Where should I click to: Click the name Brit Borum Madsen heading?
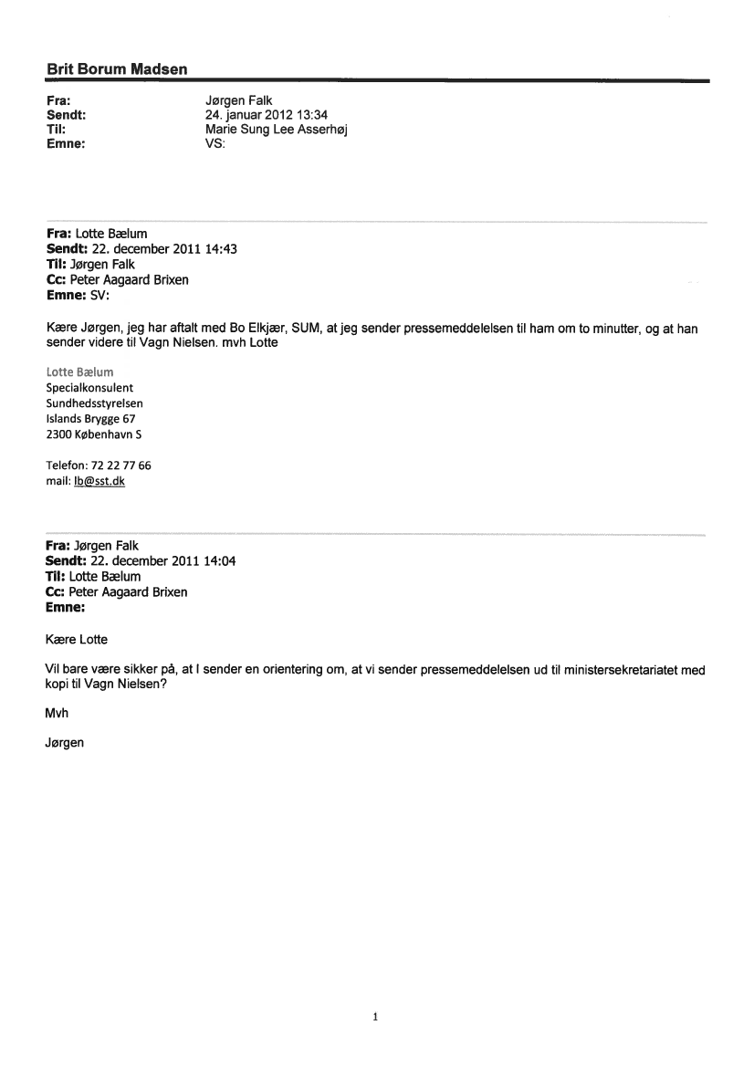point(117,69)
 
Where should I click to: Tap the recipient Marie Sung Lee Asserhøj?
point(277,129)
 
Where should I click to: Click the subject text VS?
point(216,143)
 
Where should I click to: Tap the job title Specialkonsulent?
point(89,387)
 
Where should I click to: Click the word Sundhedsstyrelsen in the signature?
point(94,403)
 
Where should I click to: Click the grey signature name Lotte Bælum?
point(79,371)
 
